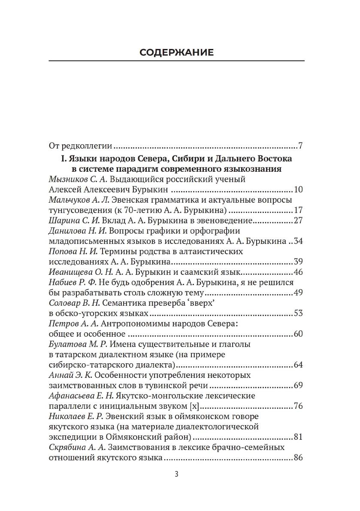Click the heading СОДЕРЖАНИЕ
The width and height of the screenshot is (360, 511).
coord(176,53)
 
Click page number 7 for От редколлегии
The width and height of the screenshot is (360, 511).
coord(300,146)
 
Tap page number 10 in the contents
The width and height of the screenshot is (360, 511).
coord(299,189)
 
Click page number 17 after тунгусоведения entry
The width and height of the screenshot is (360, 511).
coord(299,210)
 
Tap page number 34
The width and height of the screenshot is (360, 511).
coord(299,241)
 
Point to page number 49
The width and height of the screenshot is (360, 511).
coord(299,293)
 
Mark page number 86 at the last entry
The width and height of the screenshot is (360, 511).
coord(299,458)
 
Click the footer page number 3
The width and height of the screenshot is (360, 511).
coord(176,474)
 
